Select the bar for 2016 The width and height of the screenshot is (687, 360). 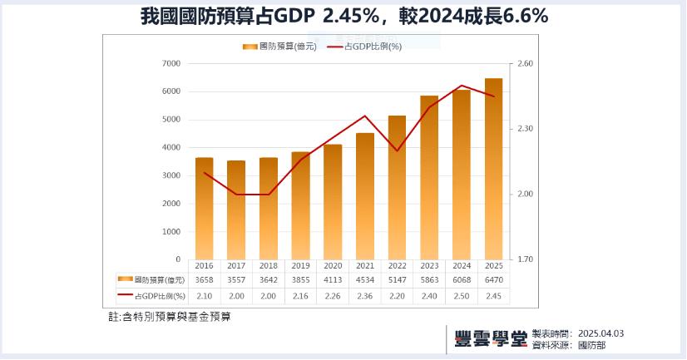[205, 209]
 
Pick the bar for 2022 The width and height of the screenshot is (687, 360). [397, 188]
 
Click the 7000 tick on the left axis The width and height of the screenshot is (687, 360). [171, 63]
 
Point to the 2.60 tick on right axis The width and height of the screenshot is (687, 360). [525, 63]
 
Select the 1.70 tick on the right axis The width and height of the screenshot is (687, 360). [525, 259]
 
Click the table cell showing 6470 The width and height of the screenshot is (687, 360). [493, 280]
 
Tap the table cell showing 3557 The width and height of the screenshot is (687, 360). [236, 280]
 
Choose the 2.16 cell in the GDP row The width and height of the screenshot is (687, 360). [300, 295]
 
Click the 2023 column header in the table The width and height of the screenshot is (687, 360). [429, 266]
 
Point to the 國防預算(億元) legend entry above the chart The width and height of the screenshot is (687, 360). [279, 47]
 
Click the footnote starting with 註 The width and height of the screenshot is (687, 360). [170, 317]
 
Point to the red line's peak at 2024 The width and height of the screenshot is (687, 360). [461, 86]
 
